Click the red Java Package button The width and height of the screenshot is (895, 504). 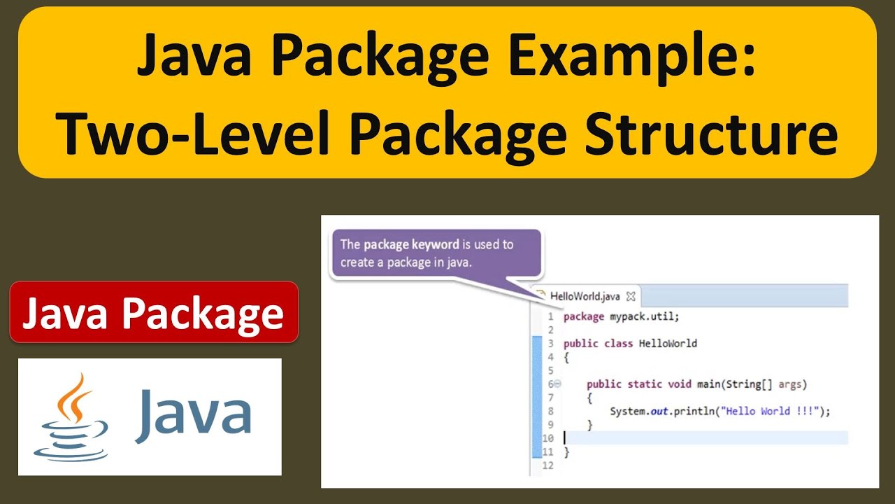[x=154, y=312]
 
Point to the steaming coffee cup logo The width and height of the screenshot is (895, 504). [x=72, y=417]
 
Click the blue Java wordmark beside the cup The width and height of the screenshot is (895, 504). [x=193, y=414]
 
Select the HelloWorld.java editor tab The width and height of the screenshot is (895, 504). [x=585, y=296]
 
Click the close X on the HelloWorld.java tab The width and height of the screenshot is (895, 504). [x=630, y=296]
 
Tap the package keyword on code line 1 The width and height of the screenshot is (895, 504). [x=583, y=316]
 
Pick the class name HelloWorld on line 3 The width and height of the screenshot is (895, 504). [x=668, y=343]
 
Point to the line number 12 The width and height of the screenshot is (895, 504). [x=547, y=465]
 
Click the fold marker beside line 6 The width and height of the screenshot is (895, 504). [x=557, y=384]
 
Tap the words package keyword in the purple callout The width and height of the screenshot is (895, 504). [x=411, y=244]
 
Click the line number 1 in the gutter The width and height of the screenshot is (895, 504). [x=550, y=316]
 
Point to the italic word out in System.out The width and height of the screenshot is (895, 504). [x=659, y=411]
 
